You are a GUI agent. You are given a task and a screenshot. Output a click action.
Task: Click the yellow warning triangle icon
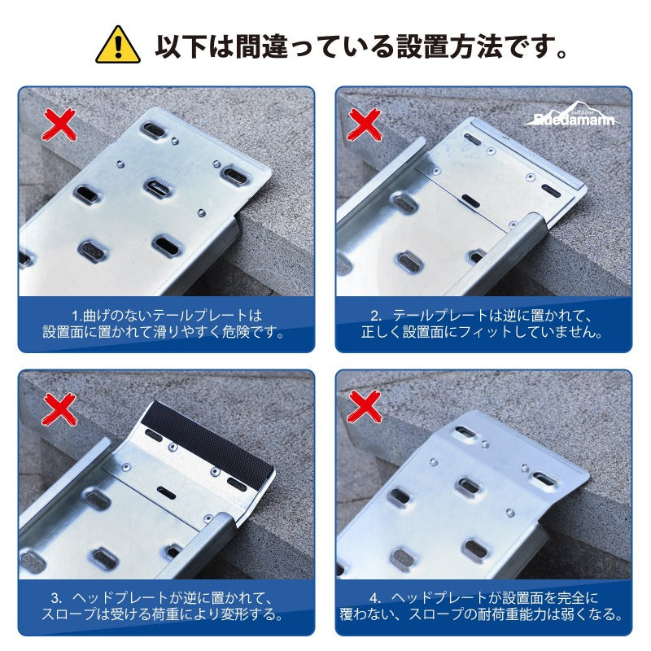point(118,46)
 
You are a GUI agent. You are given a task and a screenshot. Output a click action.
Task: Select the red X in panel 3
point(59,409)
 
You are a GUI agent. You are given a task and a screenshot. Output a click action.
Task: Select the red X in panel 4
point(365,409)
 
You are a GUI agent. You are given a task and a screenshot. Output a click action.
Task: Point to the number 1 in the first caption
point(74,315)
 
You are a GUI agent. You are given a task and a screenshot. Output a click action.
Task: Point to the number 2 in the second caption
point(376,315)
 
